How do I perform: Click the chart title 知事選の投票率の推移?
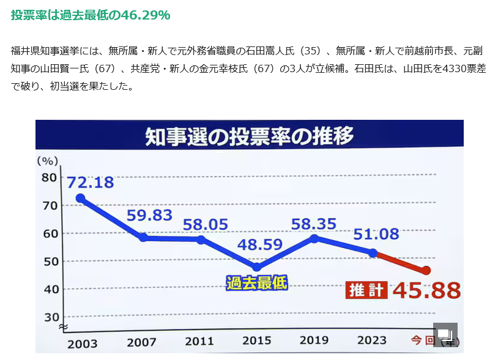point(249,137)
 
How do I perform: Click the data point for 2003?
point(80,198)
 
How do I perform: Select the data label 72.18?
point(90,182)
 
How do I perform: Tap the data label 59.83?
point(149,215)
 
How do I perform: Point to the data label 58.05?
point(206,224)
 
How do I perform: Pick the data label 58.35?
point(314,224)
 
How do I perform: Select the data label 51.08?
point(376,233)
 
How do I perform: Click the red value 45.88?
point(426,290)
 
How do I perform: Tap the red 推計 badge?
point(366,290)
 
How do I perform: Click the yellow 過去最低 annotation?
point(256,282)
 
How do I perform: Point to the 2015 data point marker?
point(256,267)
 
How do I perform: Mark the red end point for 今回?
point(426,271)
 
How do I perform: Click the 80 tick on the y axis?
point(50,177)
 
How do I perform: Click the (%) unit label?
point(48,161)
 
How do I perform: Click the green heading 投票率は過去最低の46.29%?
point(91,15)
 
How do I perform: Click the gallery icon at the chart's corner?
point(445,334)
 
